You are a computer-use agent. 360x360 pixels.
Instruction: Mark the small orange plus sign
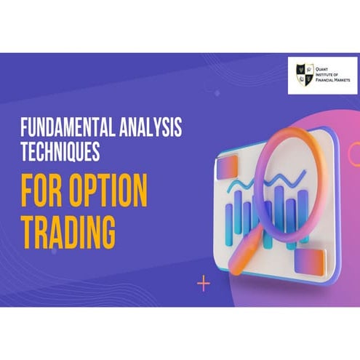[204, 283]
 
